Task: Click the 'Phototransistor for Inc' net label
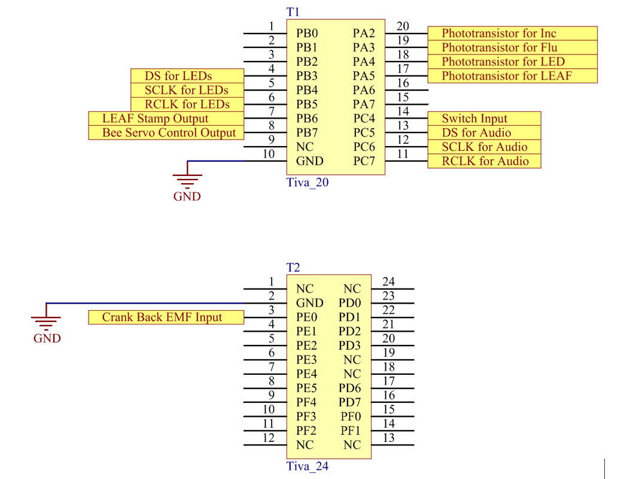(513, 34)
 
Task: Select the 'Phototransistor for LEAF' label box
(513, 75)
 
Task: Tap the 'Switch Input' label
(485, 119)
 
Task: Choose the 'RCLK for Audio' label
(485, 161)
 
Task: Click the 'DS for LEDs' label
(187, 75)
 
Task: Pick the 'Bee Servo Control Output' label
(166, 133)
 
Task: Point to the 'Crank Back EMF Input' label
(166, 317)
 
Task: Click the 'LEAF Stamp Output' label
(166, 119)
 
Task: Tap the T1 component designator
(293, 13)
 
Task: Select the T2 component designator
(293, 268)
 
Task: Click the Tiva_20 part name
(308, 183)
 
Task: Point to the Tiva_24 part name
(308, 466)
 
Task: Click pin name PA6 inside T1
(364, 90)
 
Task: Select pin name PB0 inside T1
(307, 34)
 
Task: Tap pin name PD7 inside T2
(350, 402)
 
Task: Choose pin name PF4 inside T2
(306, 402)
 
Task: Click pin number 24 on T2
(388, 281)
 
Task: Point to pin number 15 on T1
(403, 97)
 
